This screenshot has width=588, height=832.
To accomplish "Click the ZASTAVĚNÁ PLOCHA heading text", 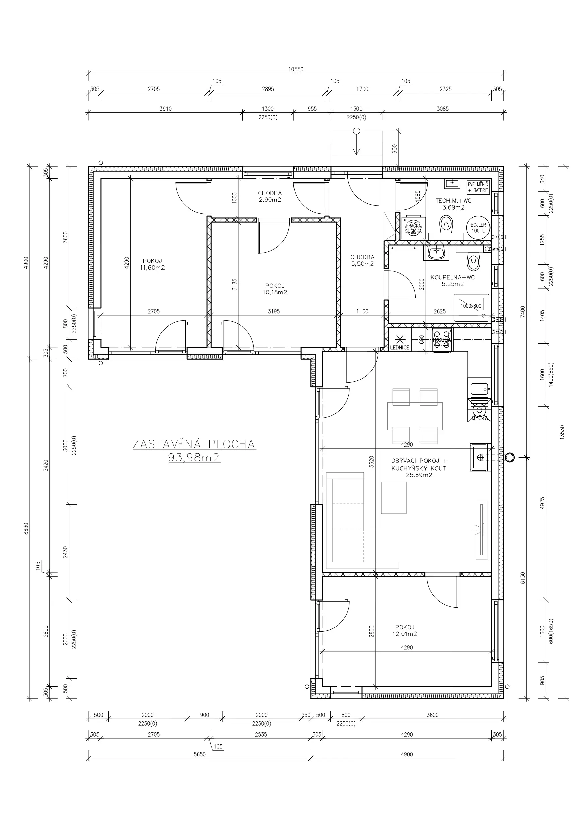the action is pyautogui.click(x=194, y=444).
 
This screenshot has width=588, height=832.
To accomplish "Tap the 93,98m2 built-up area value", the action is pyautogui.click(x=194, y=458).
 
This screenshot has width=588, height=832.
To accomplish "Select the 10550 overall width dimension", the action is pyautogui.click(x=296, y=69).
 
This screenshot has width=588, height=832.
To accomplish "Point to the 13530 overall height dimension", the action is pyautogui.click(x=562, y=432).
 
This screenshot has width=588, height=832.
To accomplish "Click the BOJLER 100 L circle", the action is pyautogui.click(x=478, y=228).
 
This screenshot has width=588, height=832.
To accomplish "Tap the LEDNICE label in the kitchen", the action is pyautogui.click(x=400, y=348).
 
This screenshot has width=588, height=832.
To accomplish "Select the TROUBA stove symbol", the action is pyautogui.click(x=441, y=340).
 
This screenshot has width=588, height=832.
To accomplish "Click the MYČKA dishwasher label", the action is pyautogui.click(x=480, y=419).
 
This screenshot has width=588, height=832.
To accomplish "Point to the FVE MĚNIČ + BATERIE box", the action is pyautogui.click(x=478, y=187).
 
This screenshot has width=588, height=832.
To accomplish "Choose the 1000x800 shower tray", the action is pyautogui.click(x=471, y=308).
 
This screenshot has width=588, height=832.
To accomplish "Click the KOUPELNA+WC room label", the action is pyautogui.click(x=453, y=281).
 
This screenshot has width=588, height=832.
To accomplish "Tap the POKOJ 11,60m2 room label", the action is pyautogui.click(x=152, y=264).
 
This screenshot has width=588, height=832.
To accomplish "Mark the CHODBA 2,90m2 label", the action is pyautogui.click(x=270, y=196).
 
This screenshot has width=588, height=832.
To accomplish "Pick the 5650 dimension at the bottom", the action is pyautogui.click(x=200, y=754).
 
